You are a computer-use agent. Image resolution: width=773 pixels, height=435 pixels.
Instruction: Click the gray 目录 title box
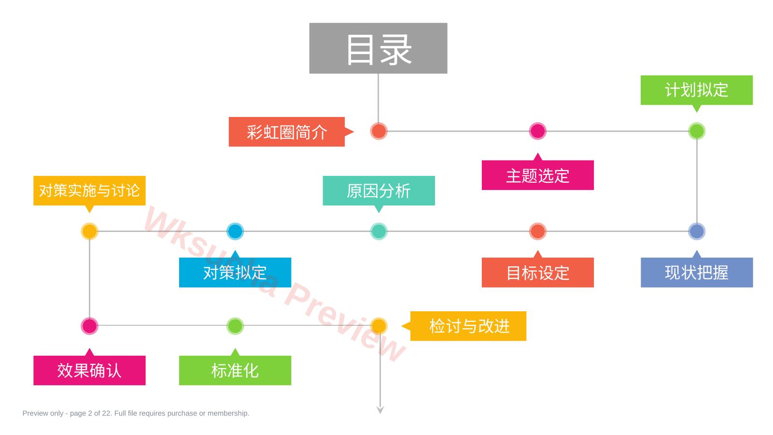point(378,48)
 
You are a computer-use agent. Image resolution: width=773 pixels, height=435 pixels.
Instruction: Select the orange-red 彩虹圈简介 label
point(287,131)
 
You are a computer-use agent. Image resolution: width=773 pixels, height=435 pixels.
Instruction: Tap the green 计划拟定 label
point(697,90)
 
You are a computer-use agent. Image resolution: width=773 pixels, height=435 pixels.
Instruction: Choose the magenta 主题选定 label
point(538,175)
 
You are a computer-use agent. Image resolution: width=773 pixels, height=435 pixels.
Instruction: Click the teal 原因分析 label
point(379,191)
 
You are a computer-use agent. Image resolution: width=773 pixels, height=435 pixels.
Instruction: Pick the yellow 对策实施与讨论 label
point(89,191)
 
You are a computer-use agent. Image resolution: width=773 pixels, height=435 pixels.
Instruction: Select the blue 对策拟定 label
point(235,272)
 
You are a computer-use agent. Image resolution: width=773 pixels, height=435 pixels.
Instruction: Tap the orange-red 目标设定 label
point(538,272)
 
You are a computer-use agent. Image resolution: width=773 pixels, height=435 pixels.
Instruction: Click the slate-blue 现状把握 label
point(697,272)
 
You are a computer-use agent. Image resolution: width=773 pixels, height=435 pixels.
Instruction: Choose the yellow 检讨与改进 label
point(468,326)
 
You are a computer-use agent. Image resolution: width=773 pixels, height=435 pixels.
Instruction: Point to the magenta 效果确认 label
point(89,370)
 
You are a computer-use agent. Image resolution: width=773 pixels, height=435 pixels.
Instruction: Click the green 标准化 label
point(235,370)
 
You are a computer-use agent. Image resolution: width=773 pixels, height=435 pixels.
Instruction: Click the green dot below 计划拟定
point(697,131)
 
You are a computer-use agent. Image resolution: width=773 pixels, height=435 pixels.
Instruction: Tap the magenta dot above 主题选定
point(538,131)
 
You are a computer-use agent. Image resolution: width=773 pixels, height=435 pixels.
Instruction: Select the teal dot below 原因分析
point(379,232)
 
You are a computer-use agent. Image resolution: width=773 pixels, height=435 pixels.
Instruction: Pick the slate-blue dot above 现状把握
point(697,232)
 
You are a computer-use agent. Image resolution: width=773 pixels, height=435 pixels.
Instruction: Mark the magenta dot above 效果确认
point(89,326)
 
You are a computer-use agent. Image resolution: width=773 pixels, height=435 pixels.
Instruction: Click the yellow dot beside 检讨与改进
point(379,326)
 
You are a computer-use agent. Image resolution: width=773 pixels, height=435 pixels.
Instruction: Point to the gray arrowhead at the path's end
point(380,410)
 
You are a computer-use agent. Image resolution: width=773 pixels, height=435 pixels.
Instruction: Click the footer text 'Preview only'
point(43,413)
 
